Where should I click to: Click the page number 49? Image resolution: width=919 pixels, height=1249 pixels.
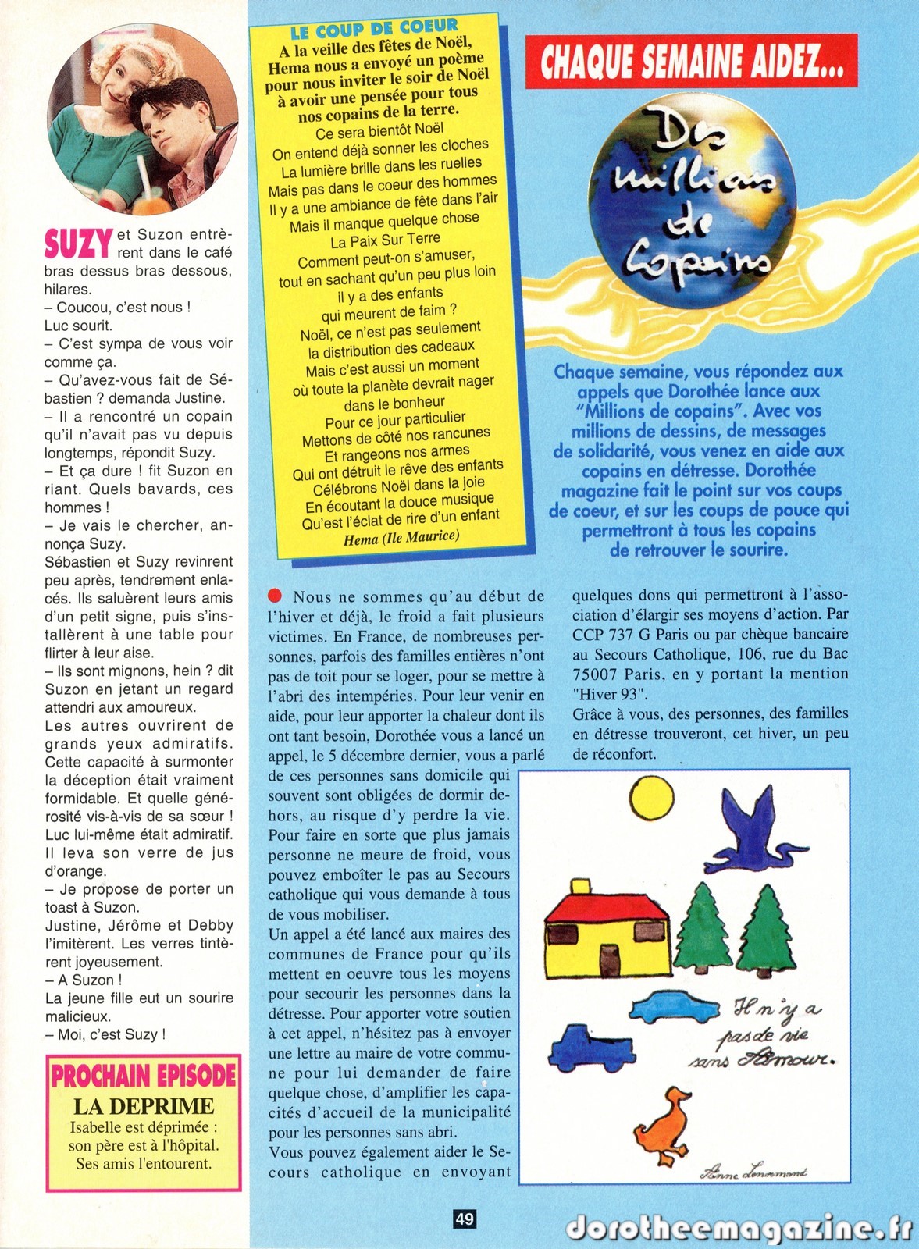464,1219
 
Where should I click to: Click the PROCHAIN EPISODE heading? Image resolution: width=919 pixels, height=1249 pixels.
144,1076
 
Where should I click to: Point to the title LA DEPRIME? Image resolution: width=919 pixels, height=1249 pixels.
144,1106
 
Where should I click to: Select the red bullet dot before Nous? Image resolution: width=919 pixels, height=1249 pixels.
274,596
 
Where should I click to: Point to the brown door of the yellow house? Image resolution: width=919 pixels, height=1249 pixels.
607,958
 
